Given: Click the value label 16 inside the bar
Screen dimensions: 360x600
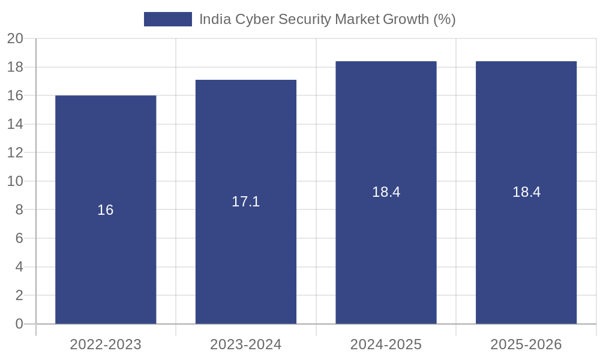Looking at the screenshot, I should pos(106,210).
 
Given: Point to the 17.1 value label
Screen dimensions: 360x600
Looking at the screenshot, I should pos(246,202).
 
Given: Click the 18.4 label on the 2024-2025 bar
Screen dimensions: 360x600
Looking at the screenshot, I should pos(386,192).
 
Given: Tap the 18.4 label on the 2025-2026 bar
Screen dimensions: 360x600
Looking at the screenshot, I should pos(526,192).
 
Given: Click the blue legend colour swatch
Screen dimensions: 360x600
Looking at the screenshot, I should pos(167,19).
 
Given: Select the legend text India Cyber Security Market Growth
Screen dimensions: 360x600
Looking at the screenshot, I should pos(327,19).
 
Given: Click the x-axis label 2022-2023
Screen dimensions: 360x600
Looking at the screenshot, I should pos(106,344).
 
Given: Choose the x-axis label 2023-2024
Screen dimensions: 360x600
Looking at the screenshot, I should pos(246,344).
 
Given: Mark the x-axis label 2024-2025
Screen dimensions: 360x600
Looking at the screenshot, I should pos(386,344).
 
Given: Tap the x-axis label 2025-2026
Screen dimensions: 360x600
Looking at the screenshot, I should pos(526,344).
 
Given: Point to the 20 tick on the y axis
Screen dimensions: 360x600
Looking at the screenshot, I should pos(15,39).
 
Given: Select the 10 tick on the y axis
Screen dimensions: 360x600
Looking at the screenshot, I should pos(15,181).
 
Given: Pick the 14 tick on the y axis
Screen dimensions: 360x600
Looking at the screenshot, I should pos(15,124).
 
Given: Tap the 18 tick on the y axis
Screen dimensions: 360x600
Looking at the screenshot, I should pos(15,67).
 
